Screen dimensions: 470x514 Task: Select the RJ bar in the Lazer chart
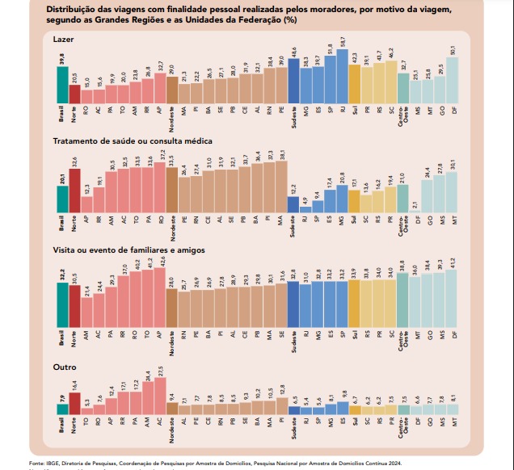[x=342, y=73]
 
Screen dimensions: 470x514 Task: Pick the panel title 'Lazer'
[x=63, y=39]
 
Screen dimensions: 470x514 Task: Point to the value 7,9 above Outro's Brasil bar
[x=62, y=397]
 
